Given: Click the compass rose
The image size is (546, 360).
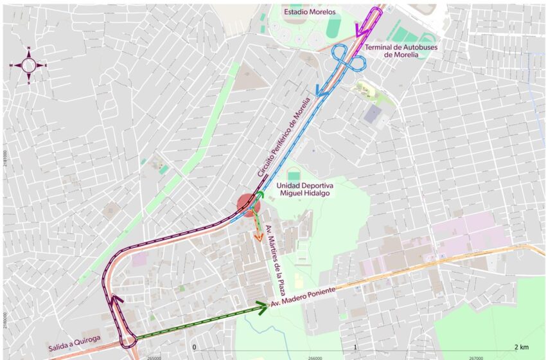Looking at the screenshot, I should click(x=29, y=65).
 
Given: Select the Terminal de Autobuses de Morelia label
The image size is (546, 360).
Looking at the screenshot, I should click(x=392, y=51).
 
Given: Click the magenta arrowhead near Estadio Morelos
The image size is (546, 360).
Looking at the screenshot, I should click(x=359, y=30).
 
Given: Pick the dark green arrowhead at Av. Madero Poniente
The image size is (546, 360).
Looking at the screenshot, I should click(x=261, y=308).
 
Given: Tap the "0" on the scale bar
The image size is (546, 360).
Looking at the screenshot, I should click(x=194, y=346).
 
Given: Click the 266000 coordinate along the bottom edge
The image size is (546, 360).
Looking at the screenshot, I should click(x=314, y=357).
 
